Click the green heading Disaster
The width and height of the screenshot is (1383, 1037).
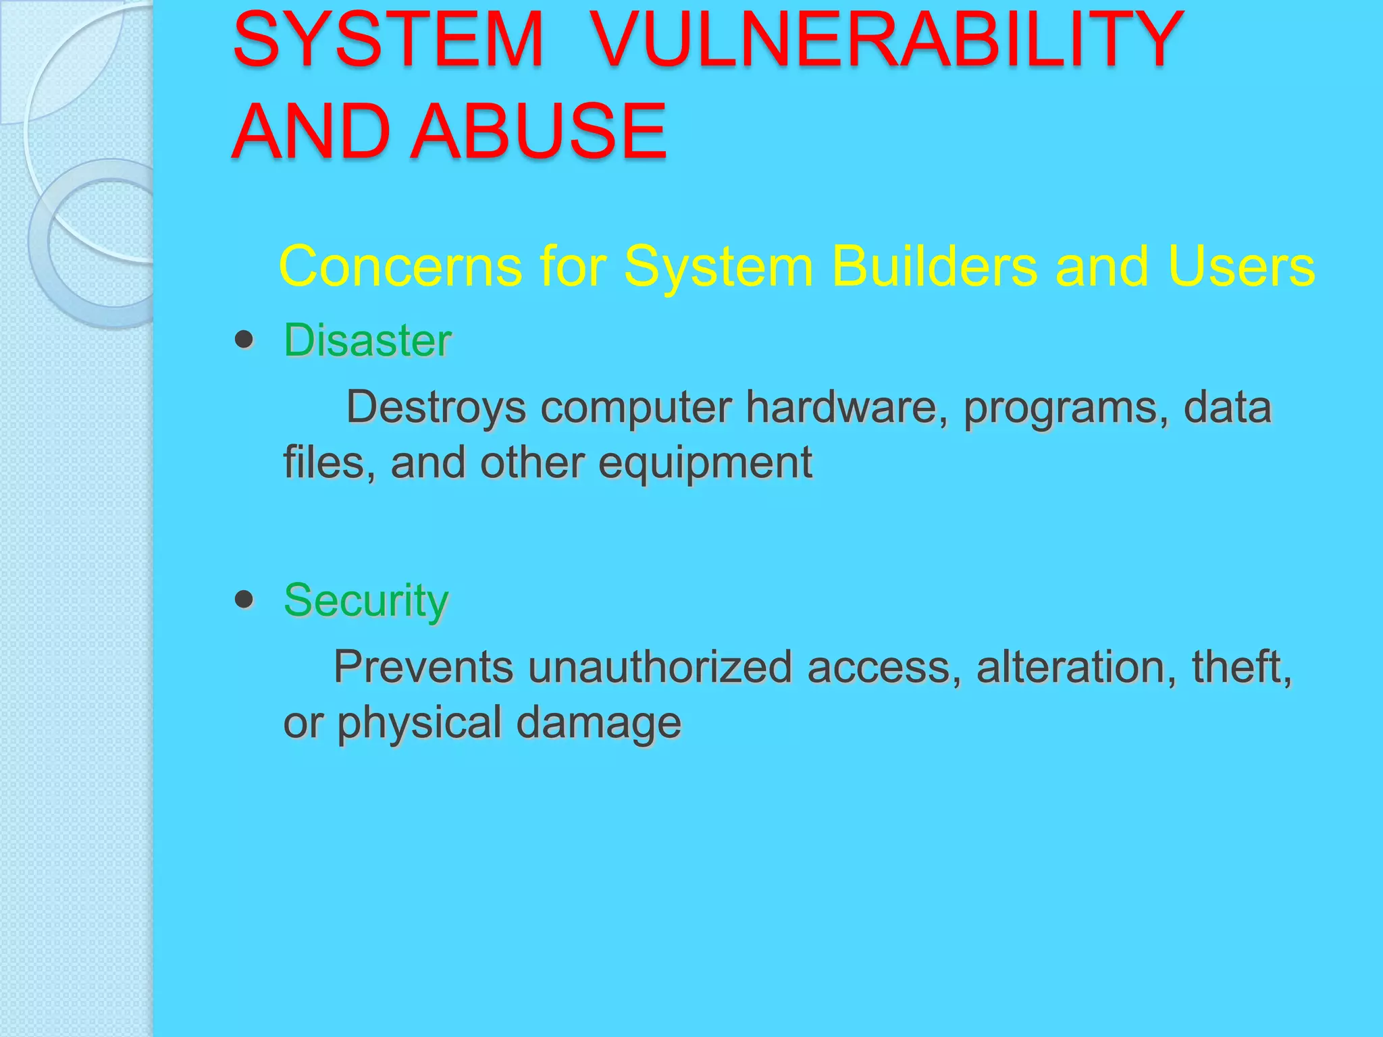pos(367,340)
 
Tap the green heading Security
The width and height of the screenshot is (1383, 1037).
pos(366,600)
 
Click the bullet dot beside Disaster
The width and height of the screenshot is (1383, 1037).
pos(244,340)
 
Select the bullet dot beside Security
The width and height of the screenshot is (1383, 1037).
pos(244,599)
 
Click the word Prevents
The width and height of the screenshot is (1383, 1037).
pos(423,667)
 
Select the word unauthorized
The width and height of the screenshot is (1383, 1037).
pos(660,667)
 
